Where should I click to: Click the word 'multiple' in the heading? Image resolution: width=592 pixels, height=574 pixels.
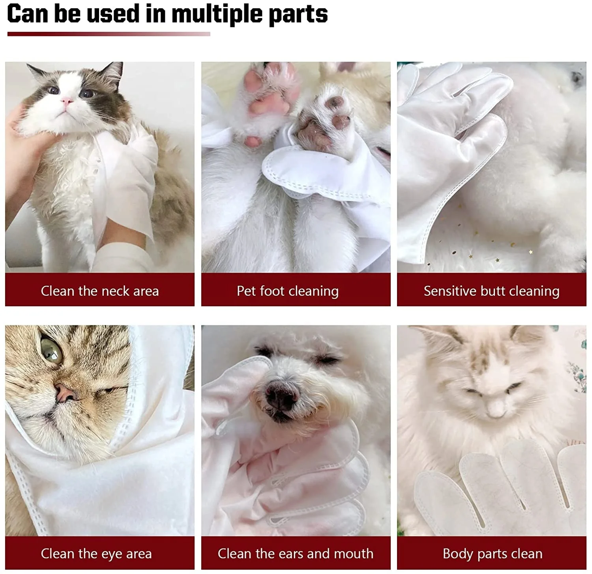pyautogui.click(x=217, y=14)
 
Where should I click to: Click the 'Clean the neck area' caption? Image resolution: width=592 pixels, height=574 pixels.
pyautogui.click(x=100, y=291)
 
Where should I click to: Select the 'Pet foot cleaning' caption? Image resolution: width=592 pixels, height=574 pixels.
pyautogui.click(x=288, y=291)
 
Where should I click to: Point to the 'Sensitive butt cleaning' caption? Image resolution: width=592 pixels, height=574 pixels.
pyautogui.click(x=491, y=291)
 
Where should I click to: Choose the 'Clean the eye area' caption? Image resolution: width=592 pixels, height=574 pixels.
pyautogui.click(x=96, y=553)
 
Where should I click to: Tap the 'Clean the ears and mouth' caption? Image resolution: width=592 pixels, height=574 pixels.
pyautogui.click(x=296, y=553)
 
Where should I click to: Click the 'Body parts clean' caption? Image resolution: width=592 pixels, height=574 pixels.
pyautogui.click(x=493, y=553)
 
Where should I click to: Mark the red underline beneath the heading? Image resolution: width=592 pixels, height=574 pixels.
pyautogui.click(x=109, y=34)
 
